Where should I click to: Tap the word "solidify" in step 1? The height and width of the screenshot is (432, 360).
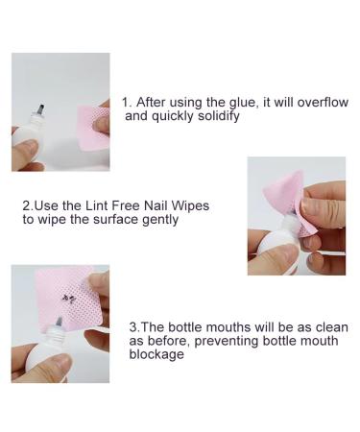click(215, 116)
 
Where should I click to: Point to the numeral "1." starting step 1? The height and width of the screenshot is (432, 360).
click(128, 102)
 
